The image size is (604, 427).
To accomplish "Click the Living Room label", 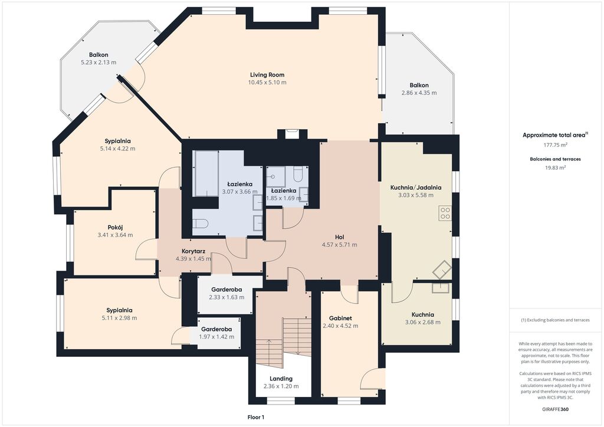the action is (x=267, y=75).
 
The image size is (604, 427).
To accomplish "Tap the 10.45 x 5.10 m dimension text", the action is (x=267, y=83).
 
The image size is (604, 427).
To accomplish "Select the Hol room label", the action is (x=339, y=237).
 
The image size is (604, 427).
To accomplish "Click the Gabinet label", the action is (x=340, y=318).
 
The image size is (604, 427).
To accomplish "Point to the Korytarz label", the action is (x=193, y=251).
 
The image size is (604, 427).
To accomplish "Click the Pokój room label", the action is (x=115, y=227).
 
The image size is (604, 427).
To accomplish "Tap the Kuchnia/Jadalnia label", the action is (x=416, y=188).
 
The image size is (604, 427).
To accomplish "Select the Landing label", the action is (x=281, y=379).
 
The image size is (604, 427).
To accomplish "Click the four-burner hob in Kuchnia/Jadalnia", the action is (x=445, y=213).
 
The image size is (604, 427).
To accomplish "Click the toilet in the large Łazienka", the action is (x=201, y=224).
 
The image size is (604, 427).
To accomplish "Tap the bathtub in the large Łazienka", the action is (x=206, y=173).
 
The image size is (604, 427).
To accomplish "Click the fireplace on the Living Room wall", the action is (x=292, y=134).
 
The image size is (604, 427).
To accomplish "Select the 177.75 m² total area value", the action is (x=555, y=145).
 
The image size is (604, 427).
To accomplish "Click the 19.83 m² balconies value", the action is (x=555, y=167).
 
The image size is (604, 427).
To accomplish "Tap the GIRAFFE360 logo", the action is (x=555, y=409).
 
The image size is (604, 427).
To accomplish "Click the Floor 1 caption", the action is (x=256, y=417).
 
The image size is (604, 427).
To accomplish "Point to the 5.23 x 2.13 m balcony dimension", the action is (x=99, y=63).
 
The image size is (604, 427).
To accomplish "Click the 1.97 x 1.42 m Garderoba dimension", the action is (x=216, y=337).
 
